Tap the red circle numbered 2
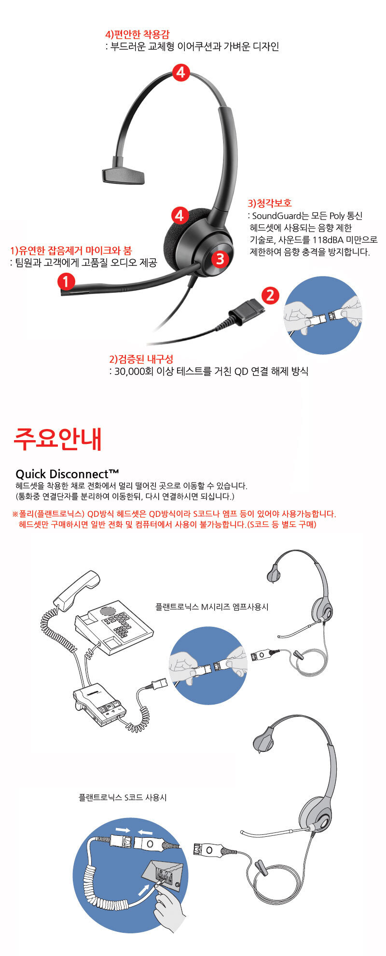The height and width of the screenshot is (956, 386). (270, 295)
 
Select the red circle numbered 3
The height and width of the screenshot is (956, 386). (220, 259)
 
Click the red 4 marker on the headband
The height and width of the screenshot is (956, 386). (180, 73)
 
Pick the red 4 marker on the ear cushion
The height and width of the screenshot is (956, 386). (179, 215)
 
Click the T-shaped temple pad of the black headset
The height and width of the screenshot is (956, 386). (124, 176)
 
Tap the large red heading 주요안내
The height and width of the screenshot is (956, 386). (58, 438)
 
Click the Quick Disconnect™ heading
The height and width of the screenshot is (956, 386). (68, 473)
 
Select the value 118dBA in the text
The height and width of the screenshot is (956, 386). (328, 240)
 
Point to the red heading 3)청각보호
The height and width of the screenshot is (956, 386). (270, 203)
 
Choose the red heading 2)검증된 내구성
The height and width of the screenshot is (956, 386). (141, 359)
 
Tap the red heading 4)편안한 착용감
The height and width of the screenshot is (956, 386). (137, 35)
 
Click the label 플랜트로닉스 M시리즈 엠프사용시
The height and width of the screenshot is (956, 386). (212, 607)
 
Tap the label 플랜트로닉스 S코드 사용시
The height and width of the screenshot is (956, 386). (123, 798)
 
